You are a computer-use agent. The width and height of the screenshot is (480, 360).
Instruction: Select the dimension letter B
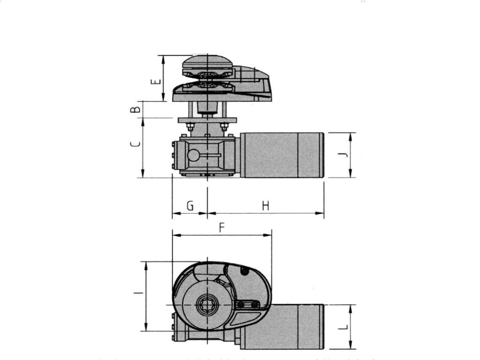click(x=135, y=109)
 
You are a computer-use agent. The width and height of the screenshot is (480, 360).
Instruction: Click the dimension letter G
click(x=190, y=206)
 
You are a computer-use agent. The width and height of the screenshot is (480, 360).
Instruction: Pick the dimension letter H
click(x=265, y=206)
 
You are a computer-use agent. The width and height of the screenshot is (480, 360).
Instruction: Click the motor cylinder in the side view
click(x=281, y=155)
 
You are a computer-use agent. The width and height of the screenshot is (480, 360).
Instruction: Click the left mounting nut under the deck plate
click(x=190, y=126)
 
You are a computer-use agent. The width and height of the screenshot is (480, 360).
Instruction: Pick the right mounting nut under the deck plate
click(x=224, y=126)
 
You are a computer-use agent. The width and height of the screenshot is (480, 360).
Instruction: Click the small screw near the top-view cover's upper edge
click(x=244, y=271)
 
